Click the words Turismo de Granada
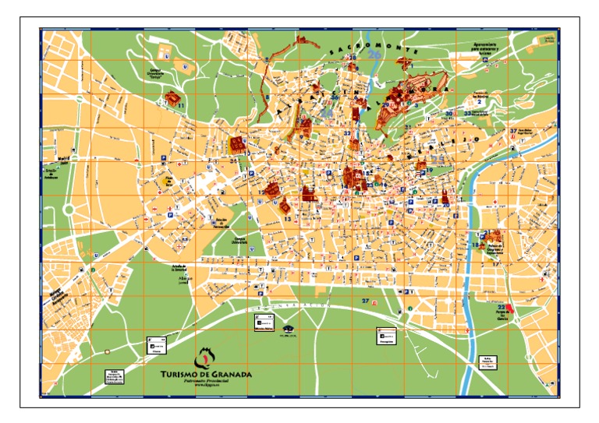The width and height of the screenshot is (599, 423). (205, 374)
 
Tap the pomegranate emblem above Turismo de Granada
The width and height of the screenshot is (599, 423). (204, 357)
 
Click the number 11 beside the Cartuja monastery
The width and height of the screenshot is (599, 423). (181, 104)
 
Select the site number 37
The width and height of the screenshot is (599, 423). (513, 131)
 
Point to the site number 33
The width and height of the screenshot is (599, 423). (467, 114)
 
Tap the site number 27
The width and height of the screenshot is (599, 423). (365, 301)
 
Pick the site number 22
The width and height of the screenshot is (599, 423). (501, 308)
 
